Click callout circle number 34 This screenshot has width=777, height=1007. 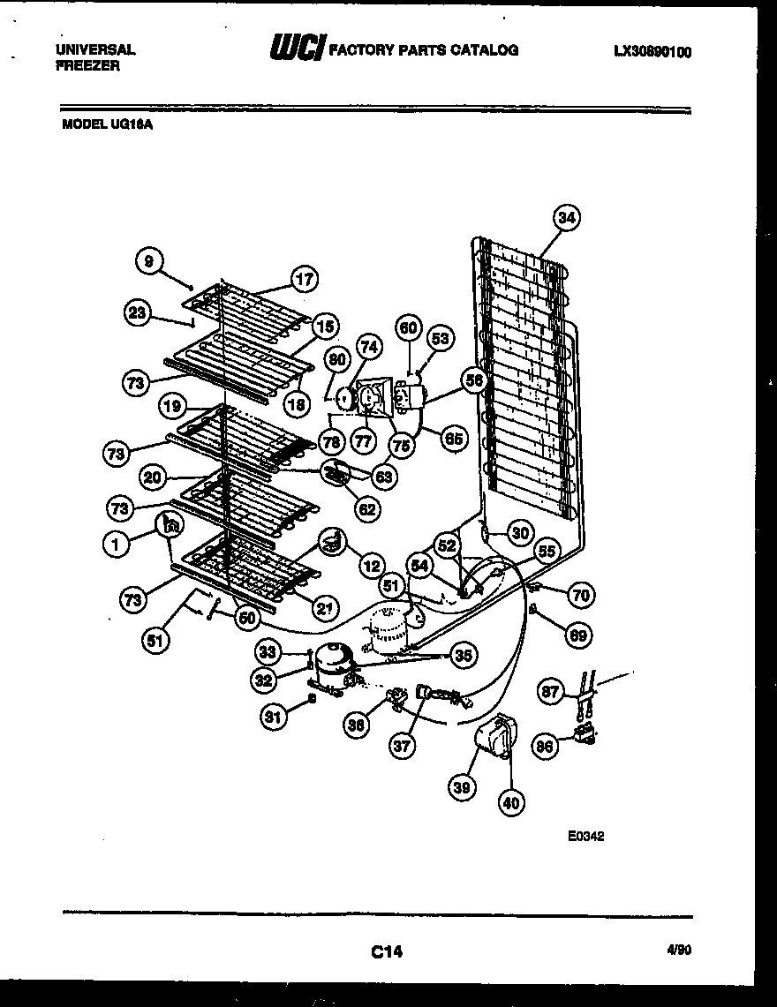pos(568,217)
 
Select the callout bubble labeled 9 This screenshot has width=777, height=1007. pos(149,261)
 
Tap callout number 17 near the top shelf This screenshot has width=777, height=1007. pos(304,280)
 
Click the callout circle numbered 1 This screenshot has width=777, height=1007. pos(116,545)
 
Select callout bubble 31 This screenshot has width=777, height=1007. pos(275,718)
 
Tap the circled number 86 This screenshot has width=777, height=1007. pos(545,747)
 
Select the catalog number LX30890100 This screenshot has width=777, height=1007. pos(652,52)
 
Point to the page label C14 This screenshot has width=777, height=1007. pos(386,951)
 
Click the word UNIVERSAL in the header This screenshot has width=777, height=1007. pos(94,50)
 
